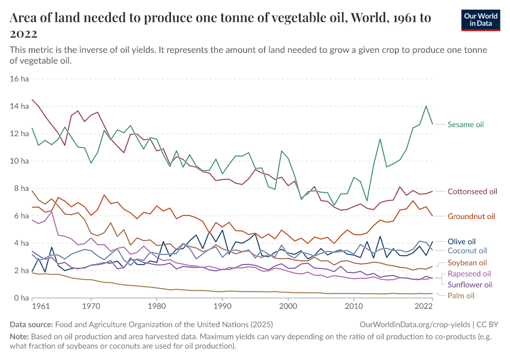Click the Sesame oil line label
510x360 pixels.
coord(466,125)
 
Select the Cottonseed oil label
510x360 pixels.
coord(472,191)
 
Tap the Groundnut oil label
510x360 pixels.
coord(471,216)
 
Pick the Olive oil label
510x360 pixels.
coord(461,241)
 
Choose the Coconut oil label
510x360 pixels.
coord(467,251)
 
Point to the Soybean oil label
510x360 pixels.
coord(467,263)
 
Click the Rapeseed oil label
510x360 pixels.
coord(469,274)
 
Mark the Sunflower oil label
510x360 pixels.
coord(470,284)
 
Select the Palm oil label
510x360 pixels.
coord(461,296)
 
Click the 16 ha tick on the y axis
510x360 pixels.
coord(20,79)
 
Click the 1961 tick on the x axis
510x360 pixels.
coord(41,306)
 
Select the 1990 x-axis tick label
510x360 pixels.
coord(223,306)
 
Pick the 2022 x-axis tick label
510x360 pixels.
coord(424,306)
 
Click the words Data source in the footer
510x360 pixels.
coord(32,324)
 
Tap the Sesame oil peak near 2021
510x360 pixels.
coord(426,106)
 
